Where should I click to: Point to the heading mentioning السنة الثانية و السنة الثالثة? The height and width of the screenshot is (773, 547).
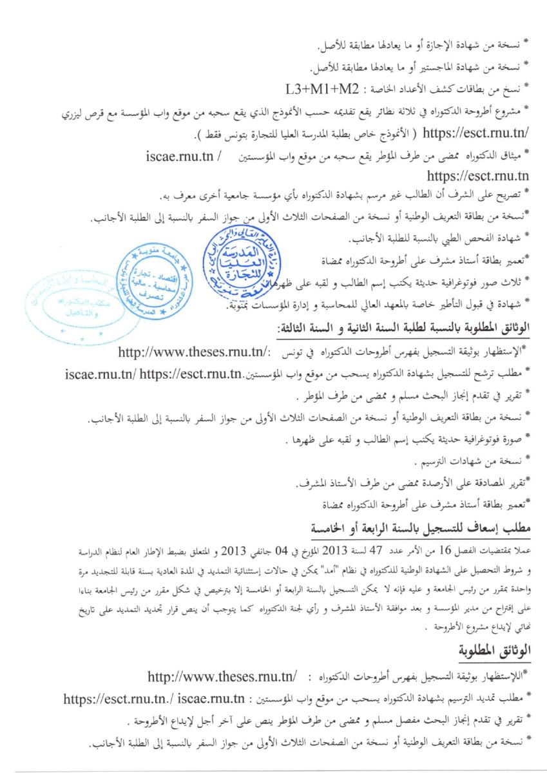(x=403, y=329)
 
